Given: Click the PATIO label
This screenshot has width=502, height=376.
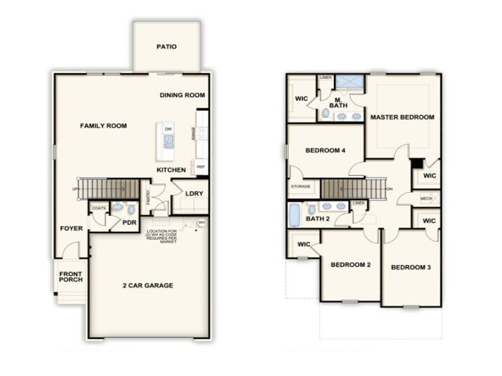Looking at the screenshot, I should [167, 48].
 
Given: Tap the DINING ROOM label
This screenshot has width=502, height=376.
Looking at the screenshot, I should [183, 95].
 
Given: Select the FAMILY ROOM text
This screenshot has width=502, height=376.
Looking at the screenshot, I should [103, 126].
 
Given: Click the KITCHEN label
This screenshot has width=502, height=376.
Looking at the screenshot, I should [172, 170].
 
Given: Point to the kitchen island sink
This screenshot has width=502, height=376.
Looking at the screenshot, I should [168, 141].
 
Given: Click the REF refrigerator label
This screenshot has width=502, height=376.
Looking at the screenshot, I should [201, 166].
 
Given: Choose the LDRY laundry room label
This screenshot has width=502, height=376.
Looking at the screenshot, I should [193, 193].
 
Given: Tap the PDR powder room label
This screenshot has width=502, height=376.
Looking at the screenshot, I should [130, 222].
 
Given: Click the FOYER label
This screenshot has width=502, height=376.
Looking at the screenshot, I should [72, 229].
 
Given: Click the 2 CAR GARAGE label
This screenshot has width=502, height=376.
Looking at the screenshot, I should [148, 285].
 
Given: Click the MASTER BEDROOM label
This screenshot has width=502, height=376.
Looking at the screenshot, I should [402, 117].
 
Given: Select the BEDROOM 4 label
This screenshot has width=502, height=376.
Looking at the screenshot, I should [325, 151].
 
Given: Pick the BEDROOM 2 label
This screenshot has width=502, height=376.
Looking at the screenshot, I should [351, 265].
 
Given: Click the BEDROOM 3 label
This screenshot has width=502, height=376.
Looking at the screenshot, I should [411, 268].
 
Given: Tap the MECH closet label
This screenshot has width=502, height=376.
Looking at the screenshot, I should [427, 198].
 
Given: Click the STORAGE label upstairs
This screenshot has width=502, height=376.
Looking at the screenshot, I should [301, 187].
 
